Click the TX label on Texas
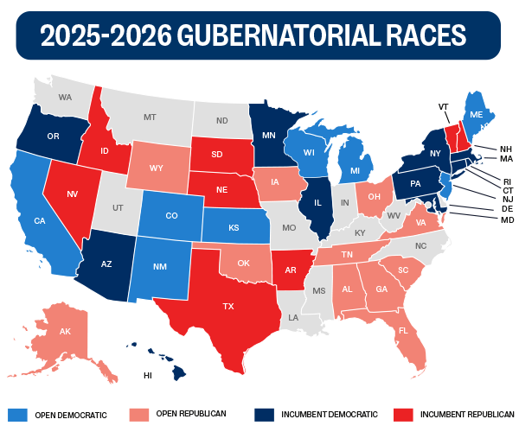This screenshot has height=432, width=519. click(229, 307)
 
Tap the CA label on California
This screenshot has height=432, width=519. click(39, 221)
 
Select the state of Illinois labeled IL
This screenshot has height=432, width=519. click(317, 206)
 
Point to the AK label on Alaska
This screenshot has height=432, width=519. click(65, 332)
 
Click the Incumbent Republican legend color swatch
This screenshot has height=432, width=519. click(403, 414)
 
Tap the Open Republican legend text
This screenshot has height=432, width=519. click(191, 414)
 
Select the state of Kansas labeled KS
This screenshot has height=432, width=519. click(234, 228)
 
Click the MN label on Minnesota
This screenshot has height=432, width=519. click(269, 136)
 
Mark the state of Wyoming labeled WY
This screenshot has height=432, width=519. click(157, 168)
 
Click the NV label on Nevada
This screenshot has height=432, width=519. click(73, 194)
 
